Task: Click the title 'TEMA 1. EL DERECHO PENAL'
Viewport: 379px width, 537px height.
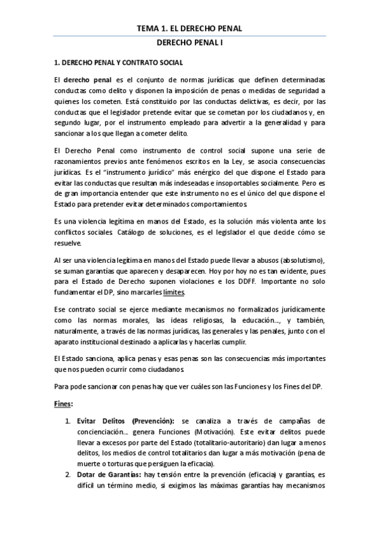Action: pyautogui.click(x=190, y=28)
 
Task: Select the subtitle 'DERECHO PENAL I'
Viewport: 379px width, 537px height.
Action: pyautogui.click(x=189, y=44)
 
